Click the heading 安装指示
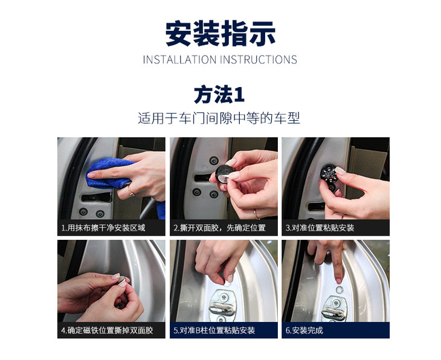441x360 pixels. (220, 34)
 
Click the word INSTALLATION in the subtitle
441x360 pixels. (179, 60)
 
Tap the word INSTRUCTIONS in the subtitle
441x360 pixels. (259, 60)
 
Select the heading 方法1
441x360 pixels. (219, 95)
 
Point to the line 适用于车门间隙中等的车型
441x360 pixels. (219, 118)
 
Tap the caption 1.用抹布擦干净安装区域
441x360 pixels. (103, 228)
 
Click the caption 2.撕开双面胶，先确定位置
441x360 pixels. (219, 228)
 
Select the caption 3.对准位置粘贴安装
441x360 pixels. (320, 228)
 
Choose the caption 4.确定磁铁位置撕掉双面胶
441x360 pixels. (107, 330)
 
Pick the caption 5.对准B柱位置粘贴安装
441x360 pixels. (214, 330)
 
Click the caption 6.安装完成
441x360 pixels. (304, 330)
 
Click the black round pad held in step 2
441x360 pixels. (224, 173)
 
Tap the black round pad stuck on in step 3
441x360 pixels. (330, 172)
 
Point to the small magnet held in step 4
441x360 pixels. (122, 280)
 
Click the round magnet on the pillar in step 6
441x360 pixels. (340, 289)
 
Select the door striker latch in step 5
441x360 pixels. (222, 306)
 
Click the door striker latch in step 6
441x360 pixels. (335, 309)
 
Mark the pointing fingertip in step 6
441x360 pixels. (339, 280)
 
